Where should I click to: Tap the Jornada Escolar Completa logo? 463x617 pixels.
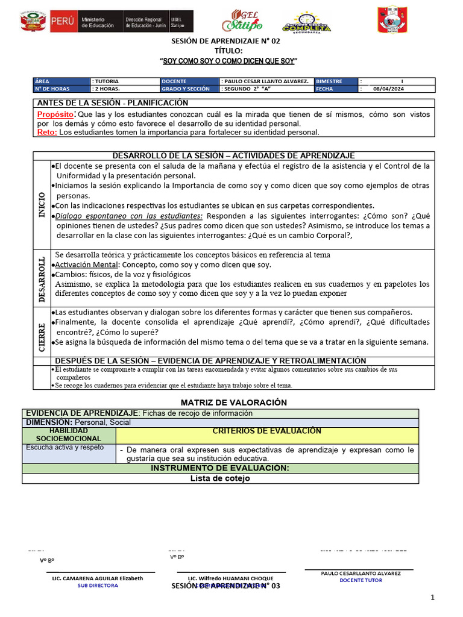tap(306, 23)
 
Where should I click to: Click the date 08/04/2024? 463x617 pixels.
tap(388, 89)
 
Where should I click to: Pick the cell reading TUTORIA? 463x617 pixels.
tap(107, 81)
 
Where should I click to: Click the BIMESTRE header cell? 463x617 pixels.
tap(329, 81)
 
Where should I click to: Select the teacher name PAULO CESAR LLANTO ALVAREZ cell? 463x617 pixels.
tap(265, 81)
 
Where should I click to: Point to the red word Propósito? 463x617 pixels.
tap(56, 114)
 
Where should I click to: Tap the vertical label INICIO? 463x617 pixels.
tap(42, 204)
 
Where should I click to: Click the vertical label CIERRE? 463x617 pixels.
tap(42, 337)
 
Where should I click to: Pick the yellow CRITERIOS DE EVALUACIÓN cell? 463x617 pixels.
tap(267, 431)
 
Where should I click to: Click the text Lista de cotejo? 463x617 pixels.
tap(220, 478)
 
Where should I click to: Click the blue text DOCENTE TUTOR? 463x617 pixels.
tap(361, 580)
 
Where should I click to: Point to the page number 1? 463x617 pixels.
tap(432, 597)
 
